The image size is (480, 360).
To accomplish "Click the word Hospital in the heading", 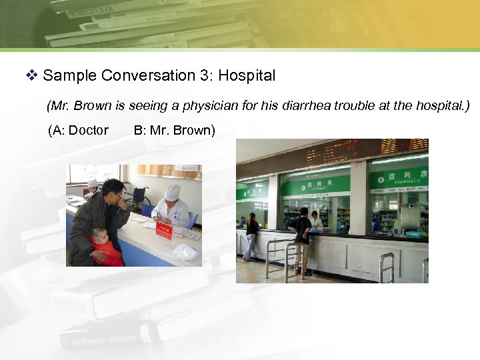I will point(247,75).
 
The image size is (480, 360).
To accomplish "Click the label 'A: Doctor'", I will point(78,130).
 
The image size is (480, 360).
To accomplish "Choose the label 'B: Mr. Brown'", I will point(174,130).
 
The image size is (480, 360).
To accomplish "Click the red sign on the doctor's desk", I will point(163,230).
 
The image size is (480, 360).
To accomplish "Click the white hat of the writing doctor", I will point(173,191).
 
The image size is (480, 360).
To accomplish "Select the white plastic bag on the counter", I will point(185,253).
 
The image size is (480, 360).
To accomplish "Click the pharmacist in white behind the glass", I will point(315,219).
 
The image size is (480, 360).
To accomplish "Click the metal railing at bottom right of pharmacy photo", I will point(387,267).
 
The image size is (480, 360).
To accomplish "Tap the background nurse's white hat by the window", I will point(93,183).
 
